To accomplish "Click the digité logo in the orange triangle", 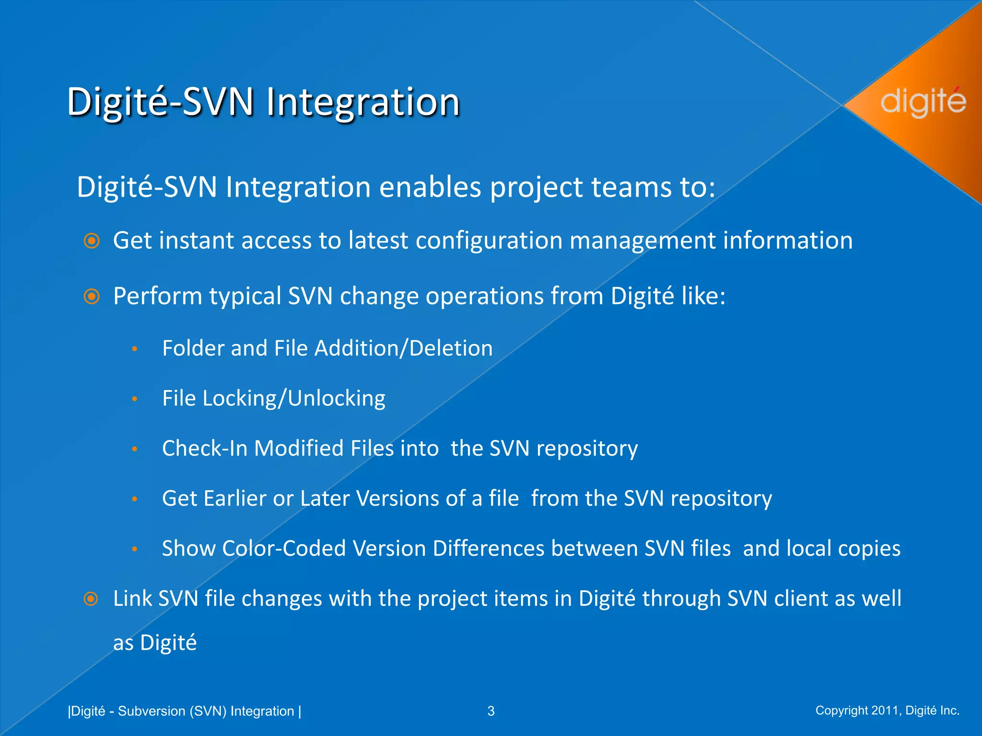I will click(x=923, y=102).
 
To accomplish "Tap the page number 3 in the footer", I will click(x=491, y=711).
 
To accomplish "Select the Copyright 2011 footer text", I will click(x=887, y=710).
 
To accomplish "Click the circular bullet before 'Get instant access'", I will click(x=91, y=241).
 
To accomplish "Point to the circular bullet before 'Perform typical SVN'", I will click(x=91, y=296).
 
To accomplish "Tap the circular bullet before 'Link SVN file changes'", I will click(x=91, y=599).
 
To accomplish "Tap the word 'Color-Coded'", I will click(x=284, y=549).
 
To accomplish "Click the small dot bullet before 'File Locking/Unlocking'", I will click(x=135, y=399).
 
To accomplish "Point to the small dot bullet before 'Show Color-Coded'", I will click(x=135, y=549).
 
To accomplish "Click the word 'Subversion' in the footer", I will click(x=152, y=711).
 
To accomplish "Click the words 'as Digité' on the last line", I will click(x=154, y=643).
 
